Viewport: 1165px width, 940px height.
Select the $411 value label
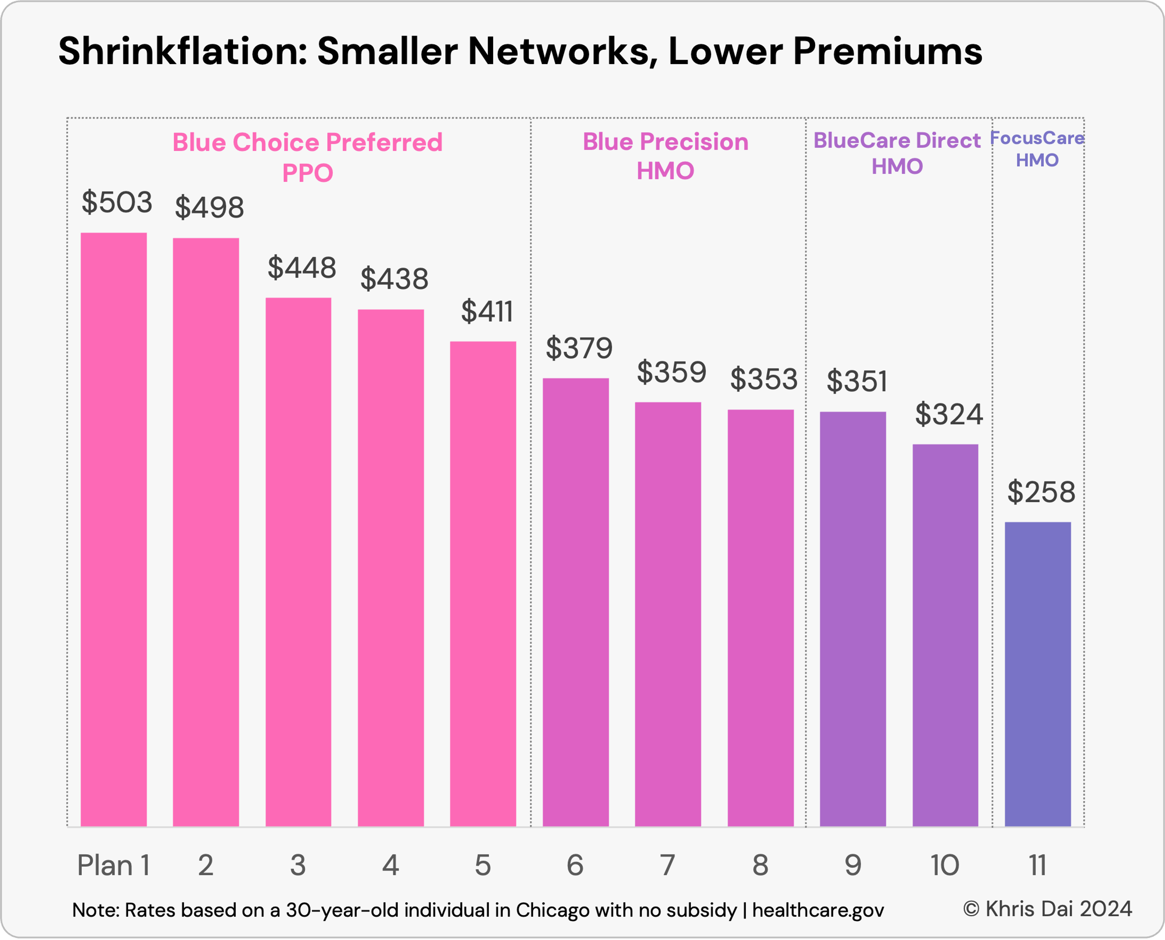(x=486, y=312)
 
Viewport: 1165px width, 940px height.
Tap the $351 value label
(x=856, y=382)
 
